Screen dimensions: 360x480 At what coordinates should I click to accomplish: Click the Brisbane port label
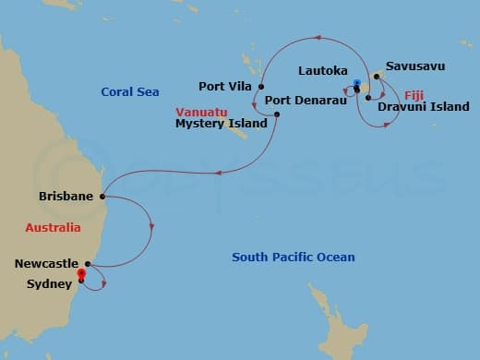point(66,197)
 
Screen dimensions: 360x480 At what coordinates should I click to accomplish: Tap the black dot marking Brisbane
point(101,196)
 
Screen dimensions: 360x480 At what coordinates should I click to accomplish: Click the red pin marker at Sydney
point(81,273)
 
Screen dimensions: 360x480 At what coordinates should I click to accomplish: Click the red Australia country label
point(54,227)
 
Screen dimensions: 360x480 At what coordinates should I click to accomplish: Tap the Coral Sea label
point(130,91)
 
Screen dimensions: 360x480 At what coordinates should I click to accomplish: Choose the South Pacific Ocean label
point(294,257)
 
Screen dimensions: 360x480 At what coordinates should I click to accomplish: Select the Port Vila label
point(225,87)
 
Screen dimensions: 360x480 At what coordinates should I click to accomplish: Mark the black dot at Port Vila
point(260,86)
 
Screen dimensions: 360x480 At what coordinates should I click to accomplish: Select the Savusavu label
point(414,66)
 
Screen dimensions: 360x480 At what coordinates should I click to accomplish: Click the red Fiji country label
point(414,94)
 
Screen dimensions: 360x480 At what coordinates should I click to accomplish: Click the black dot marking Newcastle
point(88,262)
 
